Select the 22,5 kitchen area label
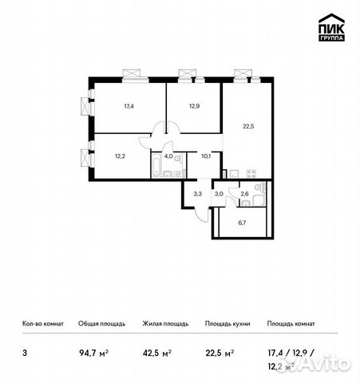click(247, 123)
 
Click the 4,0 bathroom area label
click(169, 156)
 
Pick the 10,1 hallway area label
click(205, 156)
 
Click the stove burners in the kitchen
click(250, 172)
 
